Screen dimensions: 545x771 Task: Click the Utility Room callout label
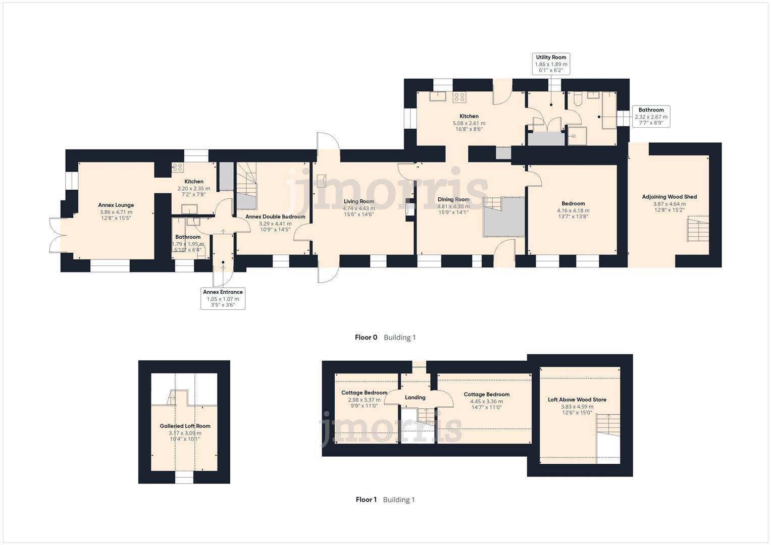[551, 64]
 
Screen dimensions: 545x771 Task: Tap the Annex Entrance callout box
[223, 298]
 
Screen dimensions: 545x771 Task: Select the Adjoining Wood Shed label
[669, 197]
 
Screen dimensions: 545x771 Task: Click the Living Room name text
[359, 201]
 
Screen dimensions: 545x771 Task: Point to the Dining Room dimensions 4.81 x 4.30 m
[453, 206]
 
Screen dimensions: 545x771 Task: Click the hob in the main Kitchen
[459, 97]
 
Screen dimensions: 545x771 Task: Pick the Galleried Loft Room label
[185, 426]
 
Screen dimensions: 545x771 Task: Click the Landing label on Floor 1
[415, 397]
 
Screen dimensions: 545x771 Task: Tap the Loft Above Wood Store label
[577, 400]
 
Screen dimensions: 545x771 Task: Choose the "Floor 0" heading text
[366, 337]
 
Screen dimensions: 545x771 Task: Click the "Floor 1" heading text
[366, 500]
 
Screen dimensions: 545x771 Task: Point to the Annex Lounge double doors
[57, 235]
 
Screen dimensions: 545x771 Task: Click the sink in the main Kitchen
[437, 96]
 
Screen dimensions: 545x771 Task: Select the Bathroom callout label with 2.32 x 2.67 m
[651, 116]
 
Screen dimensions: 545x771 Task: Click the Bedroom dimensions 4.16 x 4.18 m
[573, 210]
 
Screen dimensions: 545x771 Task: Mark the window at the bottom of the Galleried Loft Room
[184, 477]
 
